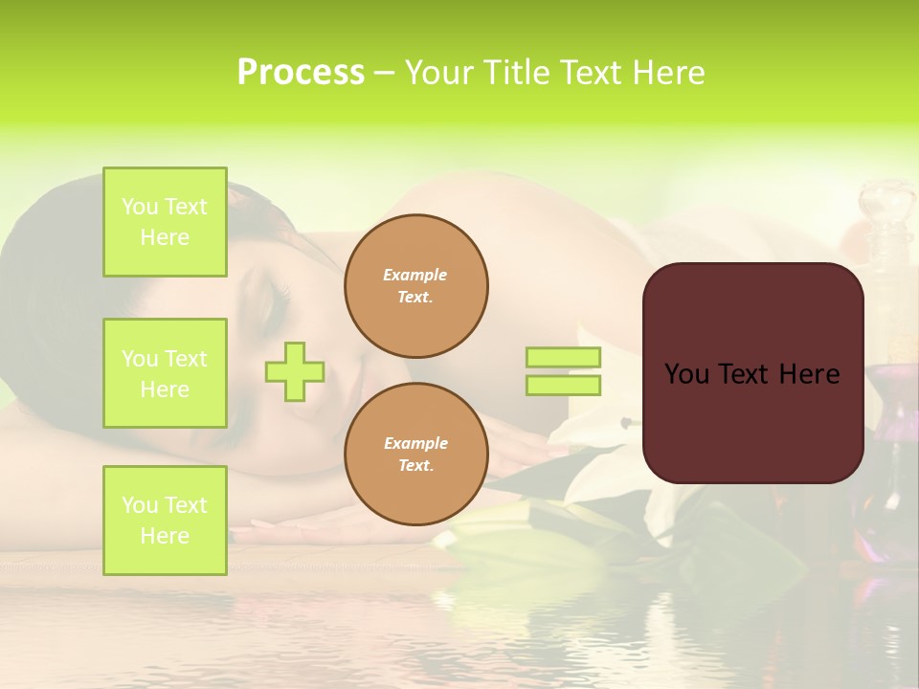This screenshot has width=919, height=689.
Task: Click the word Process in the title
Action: [x=301, y=73]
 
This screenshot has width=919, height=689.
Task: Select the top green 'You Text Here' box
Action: [x=165, y=222]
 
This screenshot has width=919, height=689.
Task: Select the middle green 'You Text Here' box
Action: [x=165, y=373]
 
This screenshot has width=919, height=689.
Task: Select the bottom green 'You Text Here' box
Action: [x=165, y=520]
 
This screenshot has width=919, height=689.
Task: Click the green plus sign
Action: [x=295, y=371]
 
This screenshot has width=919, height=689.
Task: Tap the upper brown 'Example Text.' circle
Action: [x=415, y=286]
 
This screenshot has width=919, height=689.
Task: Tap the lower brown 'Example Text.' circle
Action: [x=415, y=455]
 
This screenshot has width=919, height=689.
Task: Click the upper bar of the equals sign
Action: [x=564, y=357]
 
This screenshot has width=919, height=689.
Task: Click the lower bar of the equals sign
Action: [x=564, y=386]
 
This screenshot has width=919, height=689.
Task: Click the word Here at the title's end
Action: [x=668, y=73]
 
